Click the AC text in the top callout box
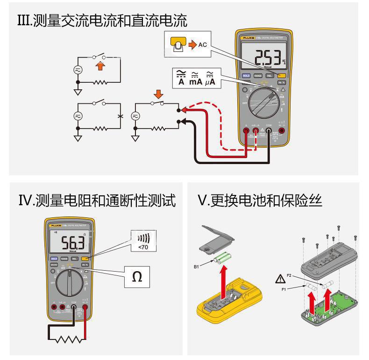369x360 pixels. [x=202, y=45]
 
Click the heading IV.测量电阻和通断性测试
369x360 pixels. [x=96, y=201]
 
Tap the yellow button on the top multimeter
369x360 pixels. [x=281, y=75]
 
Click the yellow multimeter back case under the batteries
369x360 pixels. [x=229, y=299]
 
